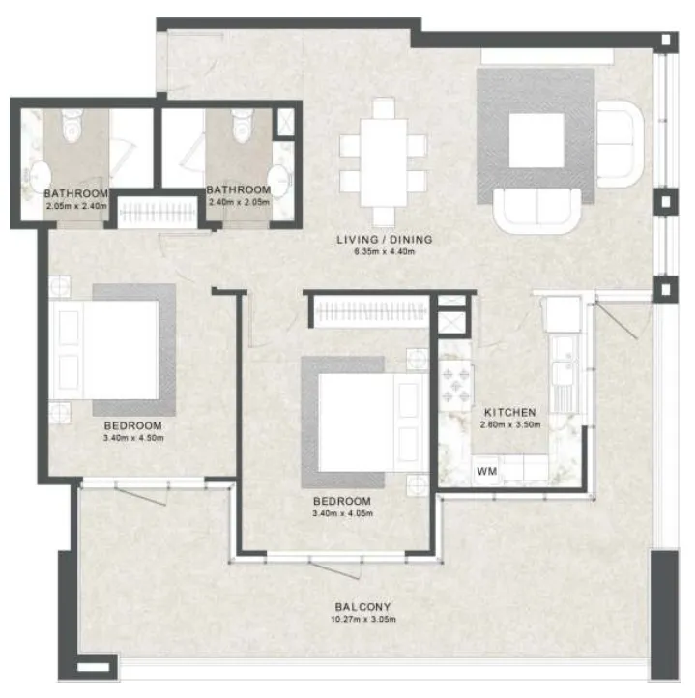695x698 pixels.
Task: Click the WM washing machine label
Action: tap(486, 471)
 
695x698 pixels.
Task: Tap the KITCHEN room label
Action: tap(510, 412)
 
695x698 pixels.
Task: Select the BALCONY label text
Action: tap(362, 607)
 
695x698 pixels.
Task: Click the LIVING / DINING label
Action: tap(385, 240)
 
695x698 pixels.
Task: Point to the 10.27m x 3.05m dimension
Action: tap(363, 619)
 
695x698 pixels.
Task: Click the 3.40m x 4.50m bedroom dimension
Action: tap(133, 438)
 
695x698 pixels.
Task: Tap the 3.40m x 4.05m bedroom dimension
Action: tap(342, 513)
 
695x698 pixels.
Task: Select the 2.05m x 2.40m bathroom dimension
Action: tap(76, 206)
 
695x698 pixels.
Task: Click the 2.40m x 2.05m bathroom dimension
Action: tap(239, 202)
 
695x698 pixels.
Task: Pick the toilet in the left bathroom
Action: tap(71, 124)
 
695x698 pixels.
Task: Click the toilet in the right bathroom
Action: tap(241, 125)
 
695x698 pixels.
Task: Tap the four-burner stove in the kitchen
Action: tap(456, 385)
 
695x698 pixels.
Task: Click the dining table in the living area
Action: tap(384, 162)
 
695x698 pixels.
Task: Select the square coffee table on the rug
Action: tap(536, 141)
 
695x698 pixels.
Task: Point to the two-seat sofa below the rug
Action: tap(536, 211)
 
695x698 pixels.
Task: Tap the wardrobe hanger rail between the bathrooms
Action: tap(159, 213)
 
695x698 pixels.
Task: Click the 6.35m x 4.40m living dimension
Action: tap(384, 252)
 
